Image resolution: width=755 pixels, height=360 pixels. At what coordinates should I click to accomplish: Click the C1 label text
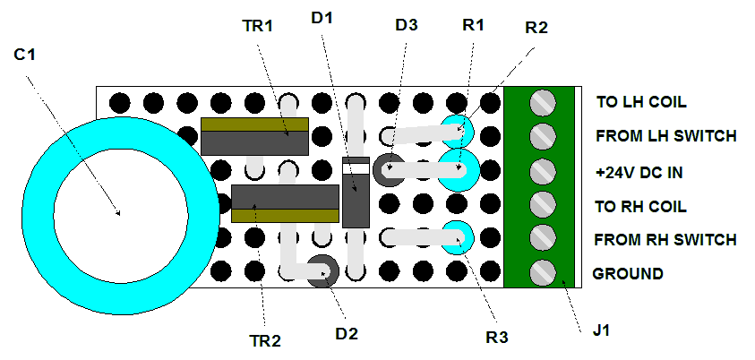(24, 56)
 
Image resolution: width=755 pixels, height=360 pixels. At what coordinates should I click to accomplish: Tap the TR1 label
(257, 26)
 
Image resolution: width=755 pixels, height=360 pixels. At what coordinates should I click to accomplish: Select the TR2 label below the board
(265, 341)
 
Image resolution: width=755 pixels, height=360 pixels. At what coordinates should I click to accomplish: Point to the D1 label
(322, 18)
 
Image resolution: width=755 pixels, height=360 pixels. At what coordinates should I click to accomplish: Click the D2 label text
(347, 333)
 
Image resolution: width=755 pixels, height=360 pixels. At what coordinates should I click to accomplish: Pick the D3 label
(407, 25)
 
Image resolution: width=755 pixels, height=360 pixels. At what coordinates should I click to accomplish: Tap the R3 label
(497, 338)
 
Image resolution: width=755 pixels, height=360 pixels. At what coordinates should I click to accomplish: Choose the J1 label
(601, 331)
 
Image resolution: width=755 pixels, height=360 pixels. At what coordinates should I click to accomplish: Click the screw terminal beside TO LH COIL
(543, 102)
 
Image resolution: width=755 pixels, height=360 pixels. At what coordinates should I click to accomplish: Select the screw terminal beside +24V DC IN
(543, 171)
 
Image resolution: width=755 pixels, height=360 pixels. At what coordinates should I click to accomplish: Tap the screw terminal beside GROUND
(543, 273)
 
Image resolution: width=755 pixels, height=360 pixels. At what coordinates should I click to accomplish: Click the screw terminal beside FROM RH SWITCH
(543, 239)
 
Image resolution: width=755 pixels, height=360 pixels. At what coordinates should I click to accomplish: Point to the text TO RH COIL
(640, 207)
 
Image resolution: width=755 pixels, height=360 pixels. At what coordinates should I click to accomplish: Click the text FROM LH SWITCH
(666, 136)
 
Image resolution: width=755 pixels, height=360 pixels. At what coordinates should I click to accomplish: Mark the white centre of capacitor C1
(120, 214)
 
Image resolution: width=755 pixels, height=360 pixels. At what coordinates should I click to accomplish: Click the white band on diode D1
(356, 168)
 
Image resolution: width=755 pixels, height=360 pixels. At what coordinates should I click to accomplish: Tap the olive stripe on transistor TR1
(254, 124)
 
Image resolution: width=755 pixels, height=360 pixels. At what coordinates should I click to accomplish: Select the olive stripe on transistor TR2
(285, 215)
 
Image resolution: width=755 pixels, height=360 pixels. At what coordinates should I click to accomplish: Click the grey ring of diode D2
(322, 271)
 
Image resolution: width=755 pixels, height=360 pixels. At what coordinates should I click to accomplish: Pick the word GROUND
(628, 274)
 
